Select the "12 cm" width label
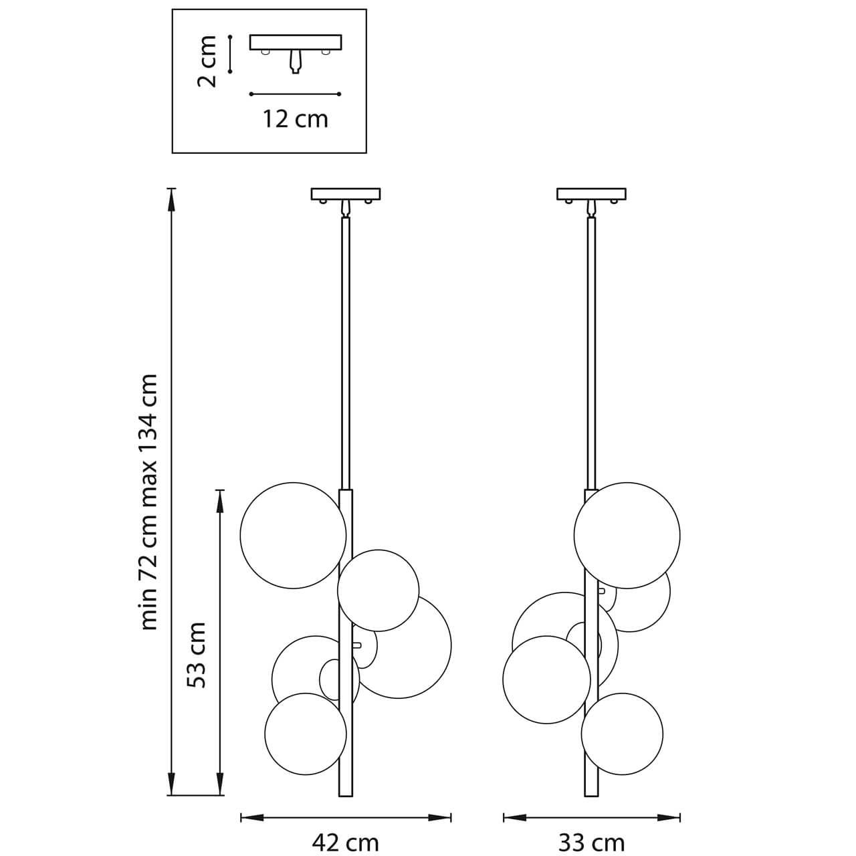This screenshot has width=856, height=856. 295,119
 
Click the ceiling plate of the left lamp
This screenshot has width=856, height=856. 345,194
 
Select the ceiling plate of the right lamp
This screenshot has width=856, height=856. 591,194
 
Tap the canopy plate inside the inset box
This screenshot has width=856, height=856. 295,42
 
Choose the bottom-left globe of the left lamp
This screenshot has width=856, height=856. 305,734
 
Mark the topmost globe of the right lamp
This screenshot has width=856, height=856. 627,535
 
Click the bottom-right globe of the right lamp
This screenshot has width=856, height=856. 622,734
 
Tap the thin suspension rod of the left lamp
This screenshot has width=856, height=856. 345,348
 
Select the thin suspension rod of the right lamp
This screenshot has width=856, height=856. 591,348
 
